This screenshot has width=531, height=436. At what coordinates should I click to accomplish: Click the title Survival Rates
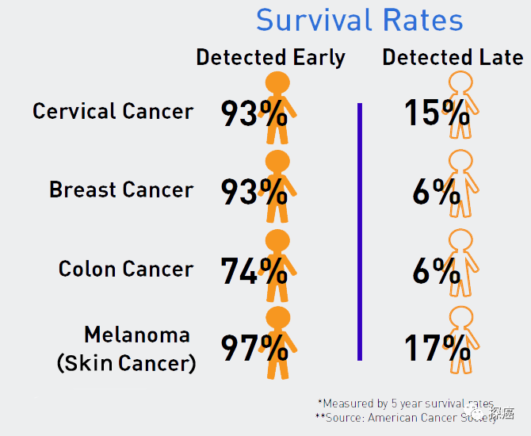[x=360, y=21]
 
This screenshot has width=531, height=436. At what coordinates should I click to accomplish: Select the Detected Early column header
[x=270, y=58]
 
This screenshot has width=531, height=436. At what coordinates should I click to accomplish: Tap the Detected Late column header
[x=453, y=58]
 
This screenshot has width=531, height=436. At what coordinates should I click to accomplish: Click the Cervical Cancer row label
[x=113, y=111]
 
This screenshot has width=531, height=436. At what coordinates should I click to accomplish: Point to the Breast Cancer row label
[x=120, y=190]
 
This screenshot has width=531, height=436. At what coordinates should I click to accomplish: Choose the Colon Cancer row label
[x=125, y=269]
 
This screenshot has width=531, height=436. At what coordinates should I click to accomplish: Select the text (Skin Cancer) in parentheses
[x=126, y=363]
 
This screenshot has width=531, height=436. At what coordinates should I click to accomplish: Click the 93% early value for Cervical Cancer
[x=254, y=114]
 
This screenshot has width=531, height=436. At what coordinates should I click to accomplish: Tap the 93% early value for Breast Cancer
[x=254, y=193]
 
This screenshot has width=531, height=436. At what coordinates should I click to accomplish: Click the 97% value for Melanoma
[x=254, y=349]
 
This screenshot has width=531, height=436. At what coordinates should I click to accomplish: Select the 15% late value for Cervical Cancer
[x=437, y=114]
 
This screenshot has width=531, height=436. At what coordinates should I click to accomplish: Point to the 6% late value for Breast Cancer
[x=436, y=193]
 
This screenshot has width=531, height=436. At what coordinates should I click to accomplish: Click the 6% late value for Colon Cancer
[x=436, y=271]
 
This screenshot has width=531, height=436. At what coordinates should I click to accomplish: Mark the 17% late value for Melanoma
[x=437, y=349]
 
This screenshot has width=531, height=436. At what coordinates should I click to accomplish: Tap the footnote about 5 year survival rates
[x=405, y=403]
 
